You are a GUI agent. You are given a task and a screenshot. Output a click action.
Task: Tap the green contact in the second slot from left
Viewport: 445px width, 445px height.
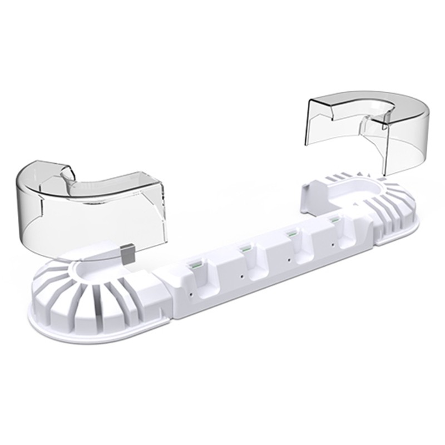243,248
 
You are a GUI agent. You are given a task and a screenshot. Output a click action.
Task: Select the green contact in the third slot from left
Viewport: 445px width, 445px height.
289,235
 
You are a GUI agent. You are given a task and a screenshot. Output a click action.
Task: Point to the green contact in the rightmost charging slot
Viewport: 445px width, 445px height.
333,222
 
